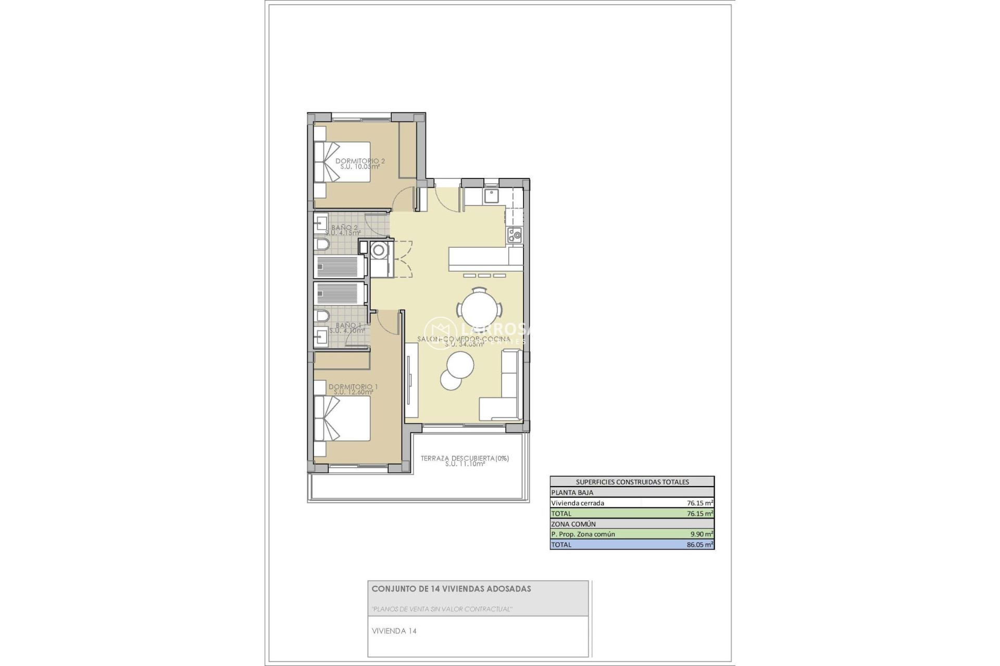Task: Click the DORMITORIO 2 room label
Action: (360, 161)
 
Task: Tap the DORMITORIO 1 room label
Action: (353, 387)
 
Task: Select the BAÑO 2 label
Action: (345, 228)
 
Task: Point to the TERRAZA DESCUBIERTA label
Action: (465, 458)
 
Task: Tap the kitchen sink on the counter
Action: (491, 196)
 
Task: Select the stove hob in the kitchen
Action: (515, 236)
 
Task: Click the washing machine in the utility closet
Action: (379, 251)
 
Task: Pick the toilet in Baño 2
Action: (322, 245)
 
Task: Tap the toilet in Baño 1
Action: (322, 316)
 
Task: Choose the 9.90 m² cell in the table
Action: (700, 534)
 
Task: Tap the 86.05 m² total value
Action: (700, 545)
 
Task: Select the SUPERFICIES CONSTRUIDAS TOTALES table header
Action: (632, 482)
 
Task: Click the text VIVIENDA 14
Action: (394, 631)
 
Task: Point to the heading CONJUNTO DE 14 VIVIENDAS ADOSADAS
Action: (451, 589)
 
